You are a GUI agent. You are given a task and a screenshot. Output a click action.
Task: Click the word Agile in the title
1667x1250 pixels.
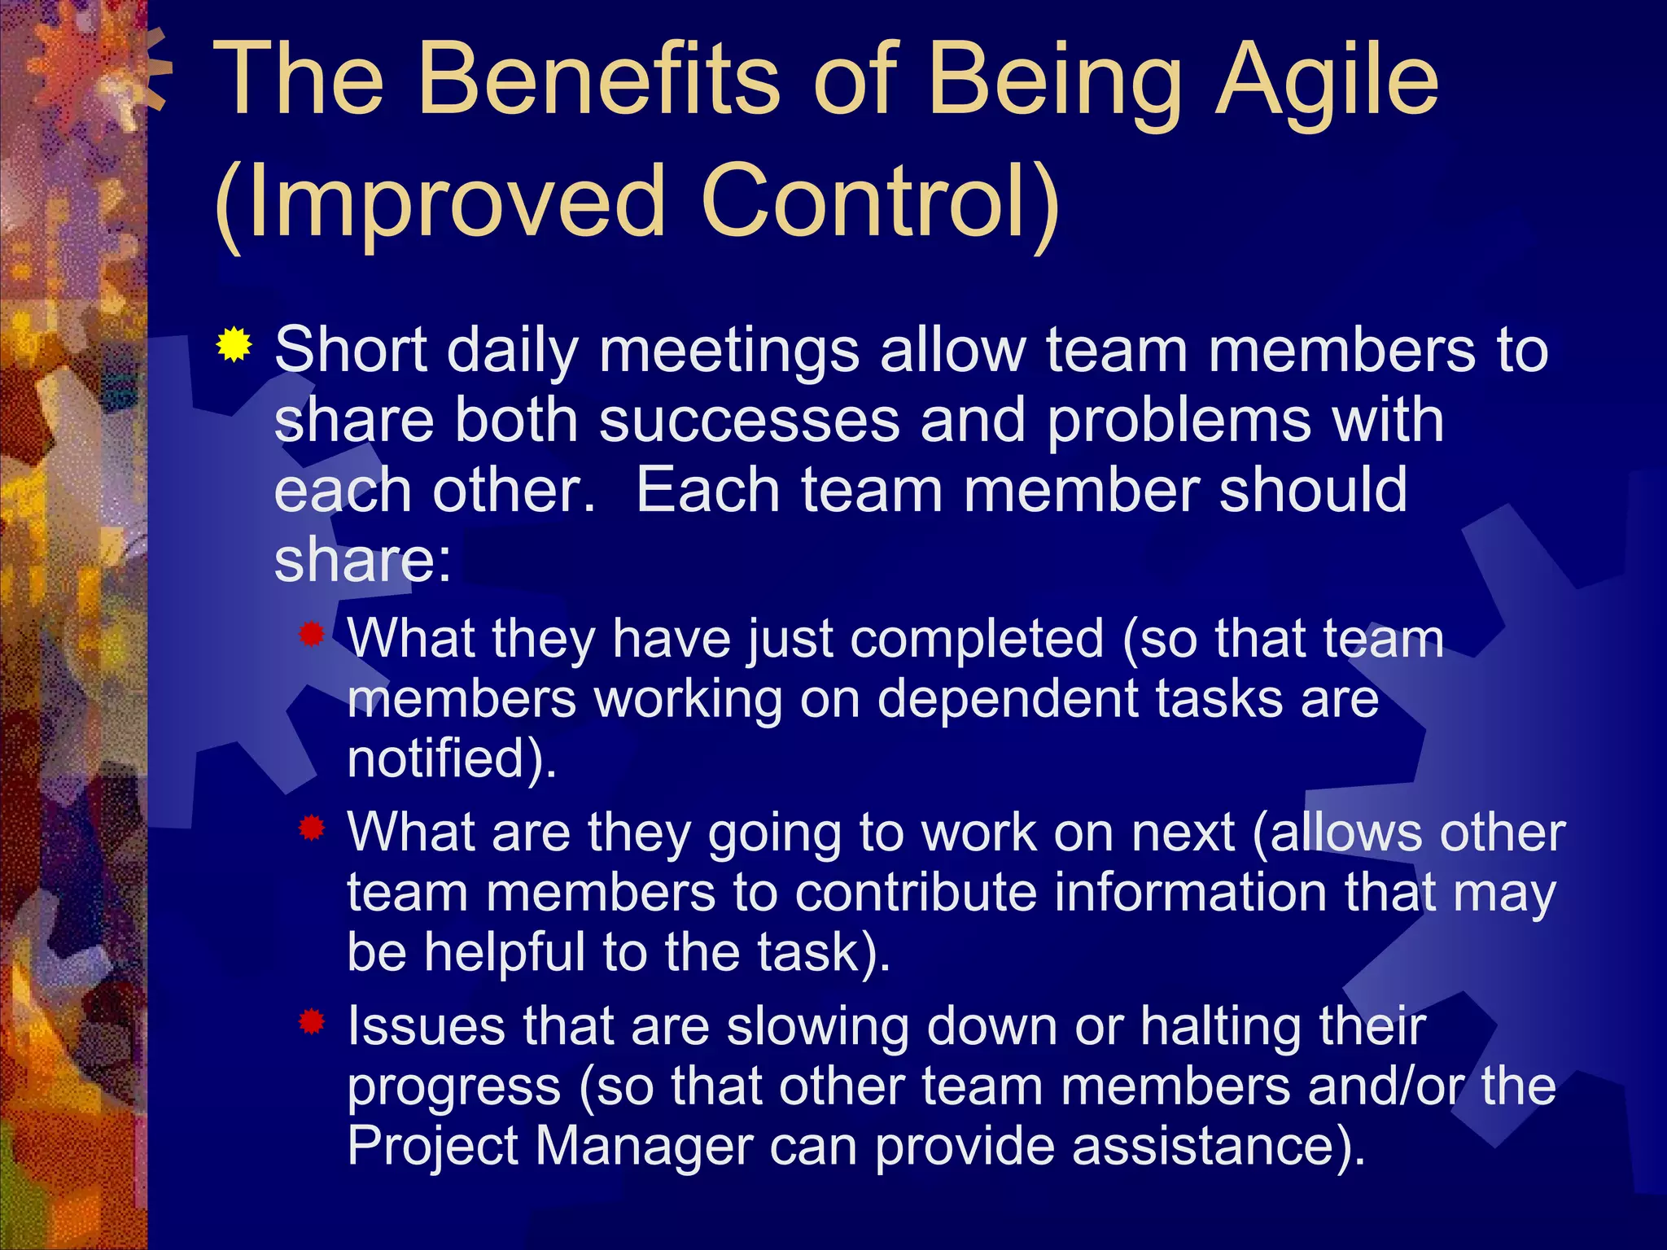click(1327, 81)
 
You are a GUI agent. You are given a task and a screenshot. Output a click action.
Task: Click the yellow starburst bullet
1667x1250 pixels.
click(234, 345)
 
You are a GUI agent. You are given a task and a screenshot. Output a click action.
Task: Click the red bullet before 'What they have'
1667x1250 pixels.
click(312, 634)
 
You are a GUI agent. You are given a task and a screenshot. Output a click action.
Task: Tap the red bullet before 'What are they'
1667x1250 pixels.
click(312, 828)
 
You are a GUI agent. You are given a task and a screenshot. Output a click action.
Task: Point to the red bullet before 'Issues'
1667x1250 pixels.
click(312, 1021)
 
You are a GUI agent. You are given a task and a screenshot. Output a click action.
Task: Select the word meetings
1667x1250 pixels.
click(729, 351)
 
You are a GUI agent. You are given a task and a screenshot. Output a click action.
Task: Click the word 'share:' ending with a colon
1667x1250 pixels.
click(362, 562)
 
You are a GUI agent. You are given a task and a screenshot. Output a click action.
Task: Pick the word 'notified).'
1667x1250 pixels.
click(452, 758)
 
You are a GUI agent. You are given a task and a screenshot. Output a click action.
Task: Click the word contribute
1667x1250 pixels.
click(916, 893)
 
